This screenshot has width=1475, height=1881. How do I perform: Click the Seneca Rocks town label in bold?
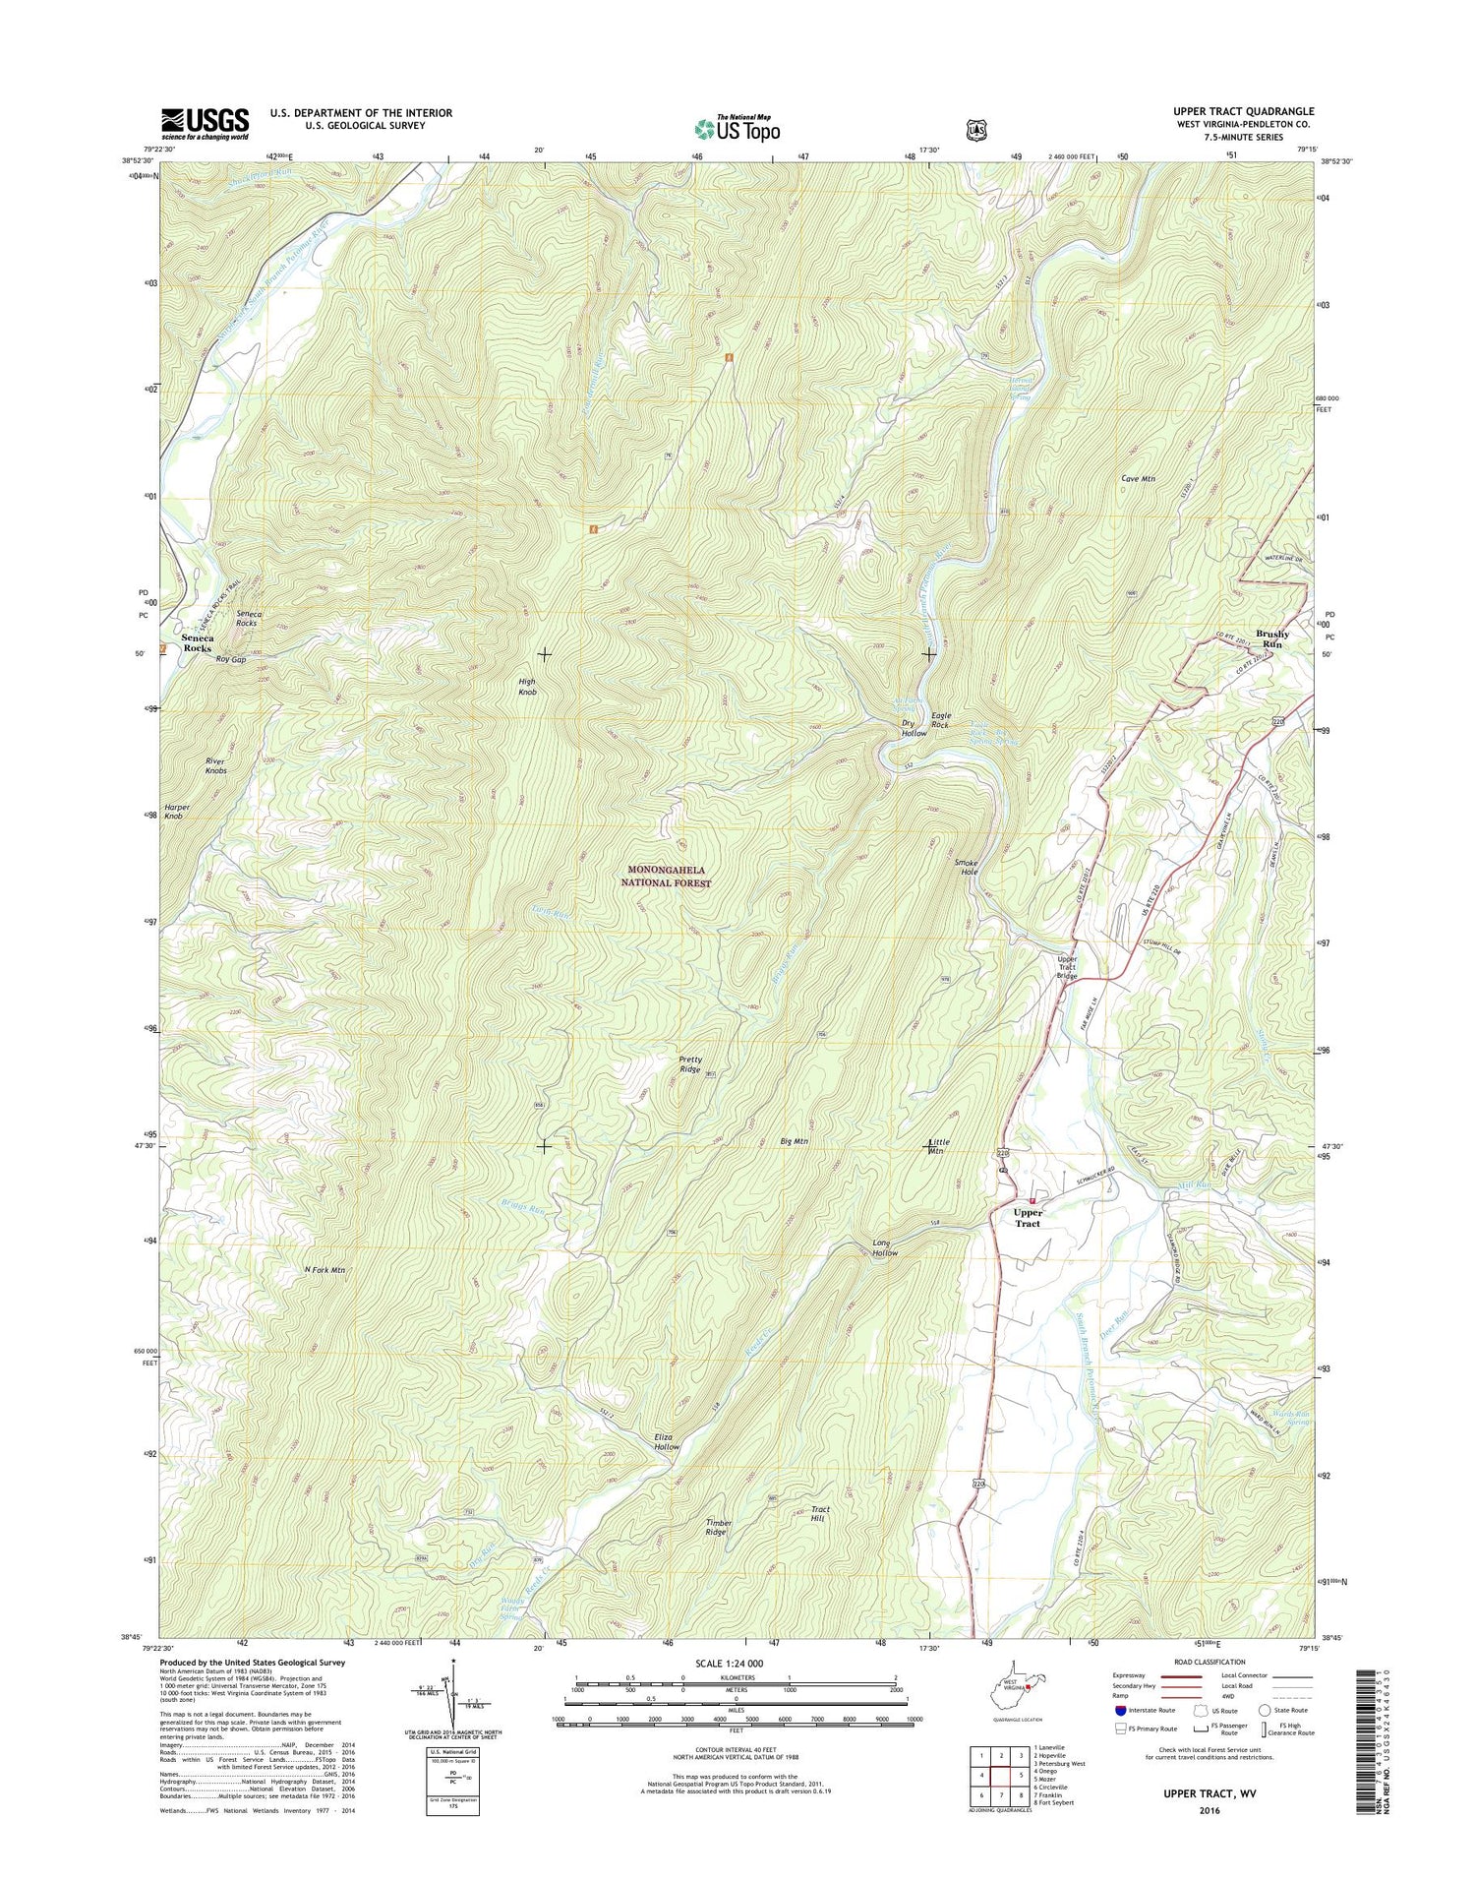tap(197, 643)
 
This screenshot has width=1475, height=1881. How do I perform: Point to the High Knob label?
tap(527, 687)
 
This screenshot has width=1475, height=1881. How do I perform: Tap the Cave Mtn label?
tap(1138, 479)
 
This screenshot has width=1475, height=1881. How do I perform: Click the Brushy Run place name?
tap(1272, 638)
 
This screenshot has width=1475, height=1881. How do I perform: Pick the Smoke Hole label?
tap(968, 867)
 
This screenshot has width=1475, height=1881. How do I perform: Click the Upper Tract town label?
tap(1028, 1218)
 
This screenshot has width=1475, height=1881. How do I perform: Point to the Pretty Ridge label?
tap(690, 1064)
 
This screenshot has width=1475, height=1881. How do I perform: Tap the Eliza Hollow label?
tap(667, 1442)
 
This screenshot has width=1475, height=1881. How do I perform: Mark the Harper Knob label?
tap(176, 812)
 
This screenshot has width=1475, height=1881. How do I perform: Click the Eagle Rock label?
tap(940, 720)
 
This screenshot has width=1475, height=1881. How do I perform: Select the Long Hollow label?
tap(885, 1248)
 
